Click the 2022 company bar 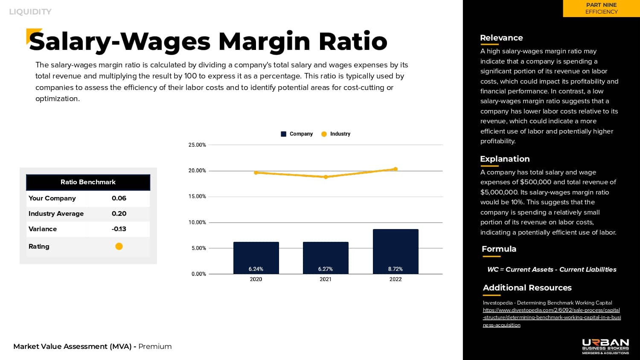[396, 251]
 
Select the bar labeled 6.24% [256, 258]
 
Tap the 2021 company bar [326, 258]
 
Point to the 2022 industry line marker [396, 169]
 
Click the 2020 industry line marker [256, 173]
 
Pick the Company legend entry [297, 134]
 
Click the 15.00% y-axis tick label [197, 197]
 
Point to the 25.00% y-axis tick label [197, 145]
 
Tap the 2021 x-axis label [326, 279]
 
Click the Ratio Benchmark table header [88, 182]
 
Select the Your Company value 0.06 [119, 198]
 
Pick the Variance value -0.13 [119, 229]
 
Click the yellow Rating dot [119, 246]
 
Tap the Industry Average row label [56, 214]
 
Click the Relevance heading [501, 38]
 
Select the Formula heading [499, 249]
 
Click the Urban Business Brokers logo [605, 346]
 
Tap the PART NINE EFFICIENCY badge [601, 9]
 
